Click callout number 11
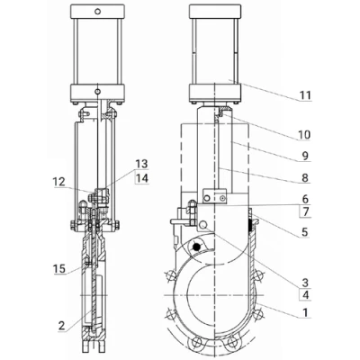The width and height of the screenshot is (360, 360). [x=305, y=95]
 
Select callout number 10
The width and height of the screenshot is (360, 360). [x=303, y=135]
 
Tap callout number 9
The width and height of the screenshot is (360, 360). [x=305, y=156]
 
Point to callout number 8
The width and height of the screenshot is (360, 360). [x=305, y=177]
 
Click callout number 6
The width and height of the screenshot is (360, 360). [x=305, y=199]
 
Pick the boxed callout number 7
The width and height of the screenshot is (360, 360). [x=305, y=212]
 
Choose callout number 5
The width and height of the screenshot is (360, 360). [x=305, y=232]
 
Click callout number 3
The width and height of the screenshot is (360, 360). [x=305, y=282]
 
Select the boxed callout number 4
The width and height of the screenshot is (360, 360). [x=305, y=294]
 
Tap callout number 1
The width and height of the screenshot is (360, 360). [x=305, y=312]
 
